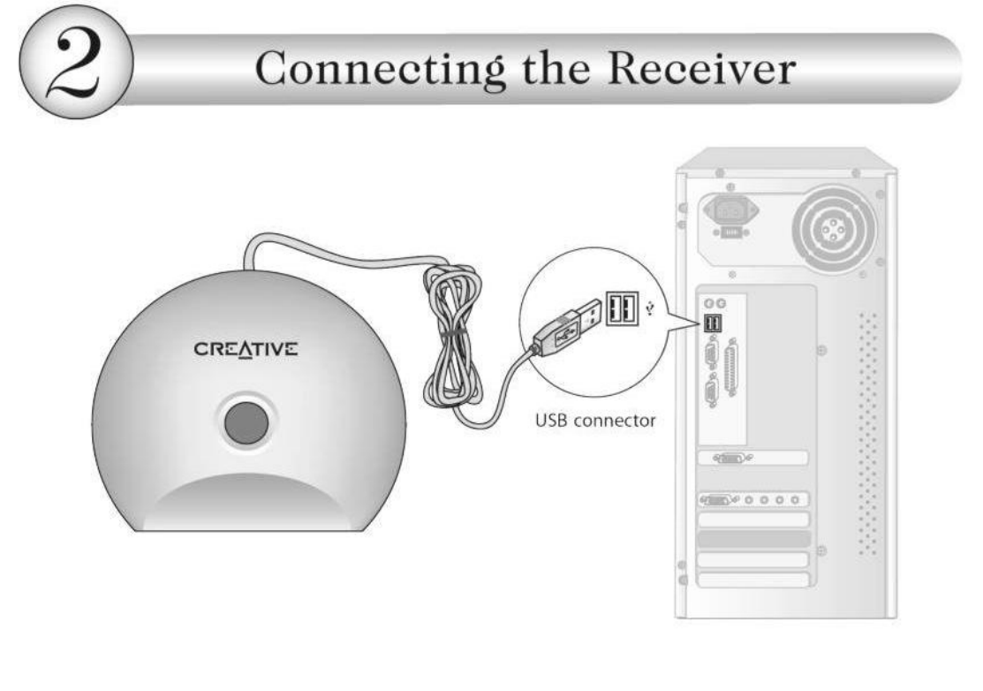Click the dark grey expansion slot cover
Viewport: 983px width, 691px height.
(752, 538)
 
